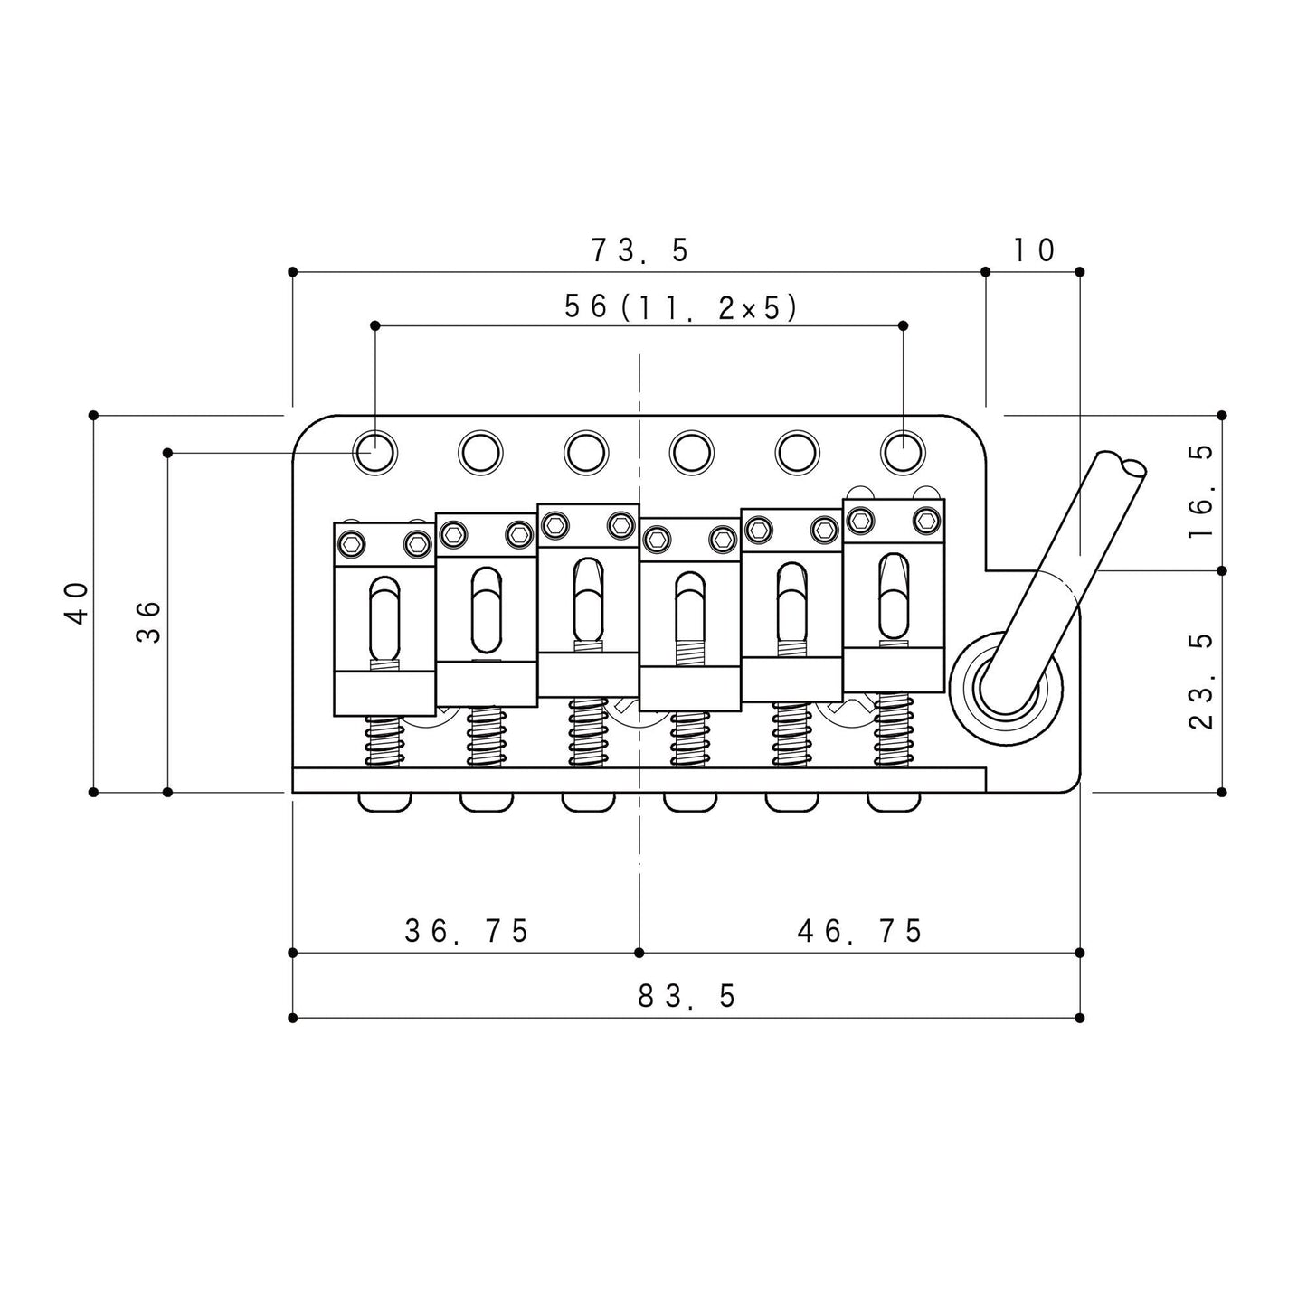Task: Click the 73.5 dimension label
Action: pyautogui.click(x=639, y=250)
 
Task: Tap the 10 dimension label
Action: pyautogui.click(x=1033, y=250)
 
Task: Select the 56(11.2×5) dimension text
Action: pyautogui.click(x=679, y=307)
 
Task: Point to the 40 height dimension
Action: pyautogui.click(x=79, y=603)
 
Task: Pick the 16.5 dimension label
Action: pyautogui.click(x=1202, y=492)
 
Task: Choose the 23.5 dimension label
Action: pyautogui.click(x=1202, y=681)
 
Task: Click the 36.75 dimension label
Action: pyautogui.click(x=467, y=931)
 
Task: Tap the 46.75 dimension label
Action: pyautogui.click(x=859, y=931)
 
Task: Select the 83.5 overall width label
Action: pyautogui.click(x=687, y=996)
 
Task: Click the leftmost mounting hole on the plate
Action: pyautogui.click(x=374, y=452)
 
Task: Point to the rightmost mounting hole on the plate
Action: pyautogui.click(x=903, y=452)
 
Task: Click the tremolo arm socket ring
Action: pyautogui.click(x=1006, y=687)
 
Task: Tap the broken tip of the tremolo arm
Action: pyautogui.click(x=1123, y=463)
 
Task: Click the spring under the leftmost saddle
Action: pyautogui.click(x=385, y=742)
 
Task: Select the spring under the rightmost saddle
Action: pyautogui.click(x=892, y=730)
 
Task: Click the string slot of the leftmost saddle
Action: pyautogui.click(x=385, y=618)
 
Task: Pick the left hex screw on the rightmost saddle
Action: pyautogui.click(x=862, y=521)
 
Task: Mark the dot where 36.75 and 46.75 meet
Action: pyautogui.click(x=639, y=953)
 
